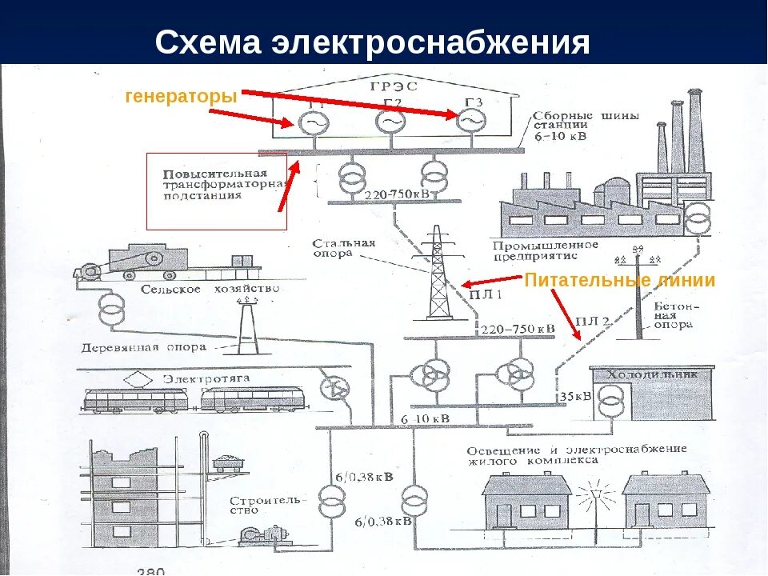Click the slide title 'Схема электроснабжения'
tap(372, 42)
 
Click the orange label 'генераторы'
tap(182, 97)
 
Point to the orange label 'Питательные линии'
tap(619, 281)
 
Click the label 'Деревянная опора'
tap(143, 348)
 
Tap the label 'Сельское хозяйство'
tap(210, 289)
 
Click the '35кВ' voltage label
tap(575, 396)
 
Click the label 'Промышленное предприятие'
tap(546, 250)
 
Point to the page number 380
tap(150, 570)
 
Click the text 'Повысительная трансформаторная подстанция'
tap(224, 184)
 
